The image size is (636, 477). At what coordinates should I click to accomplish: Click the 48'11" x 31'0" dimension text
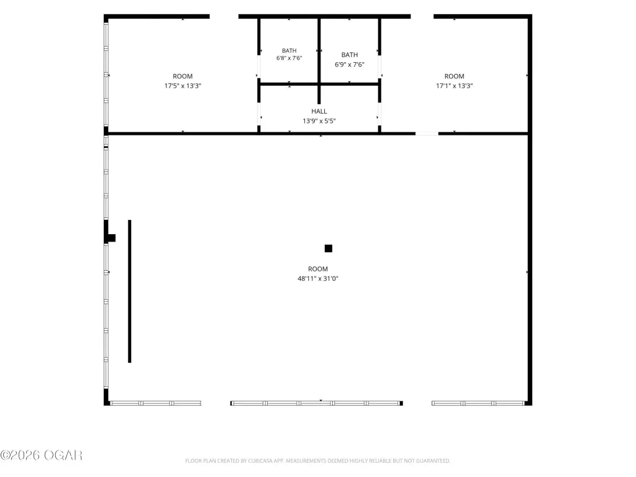point(317,279)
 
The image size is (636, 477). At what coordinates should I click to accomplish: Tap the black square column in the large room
point(329,248)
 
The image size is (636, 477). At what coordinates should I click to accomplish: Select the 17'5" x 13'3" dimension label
point(183,86)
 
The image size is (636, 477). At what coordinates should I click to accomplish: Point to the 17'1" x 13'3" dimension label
point(454,86)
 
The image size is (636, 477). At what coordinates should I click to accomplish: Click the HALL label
point(319,111)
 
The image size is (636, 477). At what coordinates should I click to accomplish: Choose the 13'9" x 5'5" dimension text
point(319,121)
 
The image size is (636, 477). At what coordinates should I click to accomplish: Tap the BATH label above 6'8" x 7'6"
point(289,51)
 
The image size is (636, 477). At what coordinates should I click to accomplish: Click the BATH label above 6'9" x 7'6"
point(350,55)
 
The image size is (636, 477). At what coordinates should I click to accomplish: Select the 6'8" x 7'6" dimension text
point(289,58)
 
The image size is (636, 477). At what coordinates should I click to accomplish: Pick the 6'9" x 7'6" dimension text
point(350,65)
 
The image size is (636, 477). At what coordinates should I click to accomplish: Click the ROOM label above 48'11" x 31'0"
point(317,269)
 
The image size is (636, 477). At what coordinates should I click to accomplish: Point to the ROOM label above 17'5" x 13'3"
point(183,76)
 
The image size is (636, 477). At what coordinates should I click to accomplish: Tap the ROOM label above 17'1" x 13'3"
point(454,76)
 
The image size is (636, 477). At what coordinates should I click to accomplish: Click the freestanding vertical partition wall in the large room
point(130,291)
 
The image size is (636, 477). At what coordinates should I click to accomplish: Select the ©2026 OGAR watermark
point(42,455)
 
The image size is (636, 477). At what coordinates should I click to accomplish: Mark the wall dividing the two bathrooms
point(319,61)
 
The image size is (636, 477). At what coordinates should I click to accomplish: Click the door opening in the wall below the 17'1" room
point(427,134)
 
